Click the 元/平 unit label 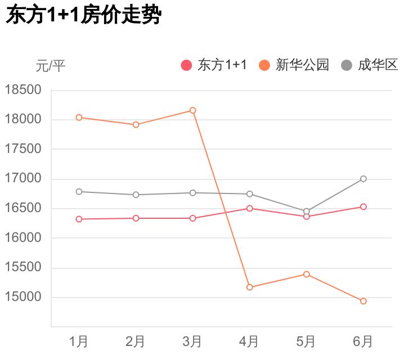click(51, 66)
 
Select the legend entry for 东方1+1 click(214, 65)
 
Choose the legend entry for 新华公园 click(294, 65)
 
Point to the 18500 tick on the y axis click(23, 90)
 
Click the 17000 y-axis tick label click(23, 179)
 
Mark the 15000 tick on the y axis click(23, 298)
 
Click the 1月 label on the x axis click(79, 341)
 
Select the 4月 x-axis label click(249, 341)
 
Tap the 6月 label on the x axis click(363, 341)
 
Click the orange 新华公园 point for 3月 click(192, 110)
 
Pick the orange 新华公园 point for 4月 click(249, 287)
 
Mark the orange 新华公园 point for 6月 click(363, 301)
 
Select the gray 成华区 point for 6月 click(363, 179)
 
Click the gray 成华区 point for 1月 click(79, 192)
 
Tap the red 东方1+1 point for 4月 click(249, 208)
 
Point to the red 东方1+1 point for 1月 click(79, 219)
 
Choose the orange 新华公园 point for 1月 click(79, 118)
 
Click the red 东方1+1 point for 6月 click(363, 207)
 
